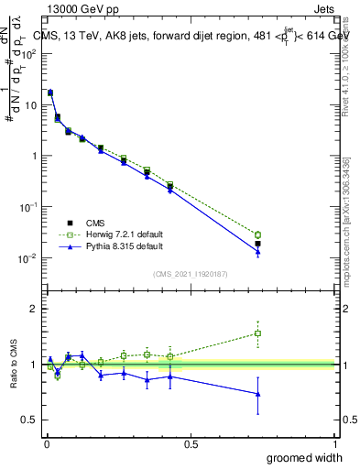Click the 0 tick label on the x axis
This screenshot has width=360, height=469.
(46, 443)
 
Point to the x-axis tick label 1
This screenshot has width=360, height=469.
(335, 443)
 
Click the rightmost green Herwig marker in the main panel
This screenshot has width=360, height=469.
(258, 235)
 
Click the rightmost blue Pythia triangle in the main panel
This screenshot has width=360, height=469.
(258, 252)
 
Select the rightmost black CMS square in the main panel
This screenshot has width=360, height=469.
(258, 244)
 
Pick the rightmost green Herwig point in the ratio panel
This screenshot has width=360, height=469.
(258, 333)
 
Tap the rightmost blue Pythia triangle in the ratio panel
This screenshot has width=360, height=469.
(258, 394)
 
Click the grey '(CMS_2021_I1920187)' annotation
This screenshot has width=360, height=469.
(191, 274)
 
